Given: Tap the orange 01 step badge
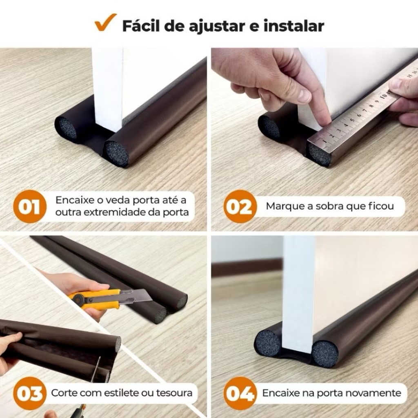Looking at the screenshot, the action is [x=29, y=206].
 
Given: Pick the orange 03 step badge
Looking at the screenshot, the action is [x=29, y=393].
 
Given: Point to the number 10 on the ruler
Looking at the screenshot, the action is [x=384, y=96].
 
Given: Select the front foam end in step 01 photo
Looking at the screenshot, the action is [x=116, y=154].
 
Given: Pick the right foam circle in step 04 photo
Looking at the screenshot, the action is [x=325, y=354].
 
